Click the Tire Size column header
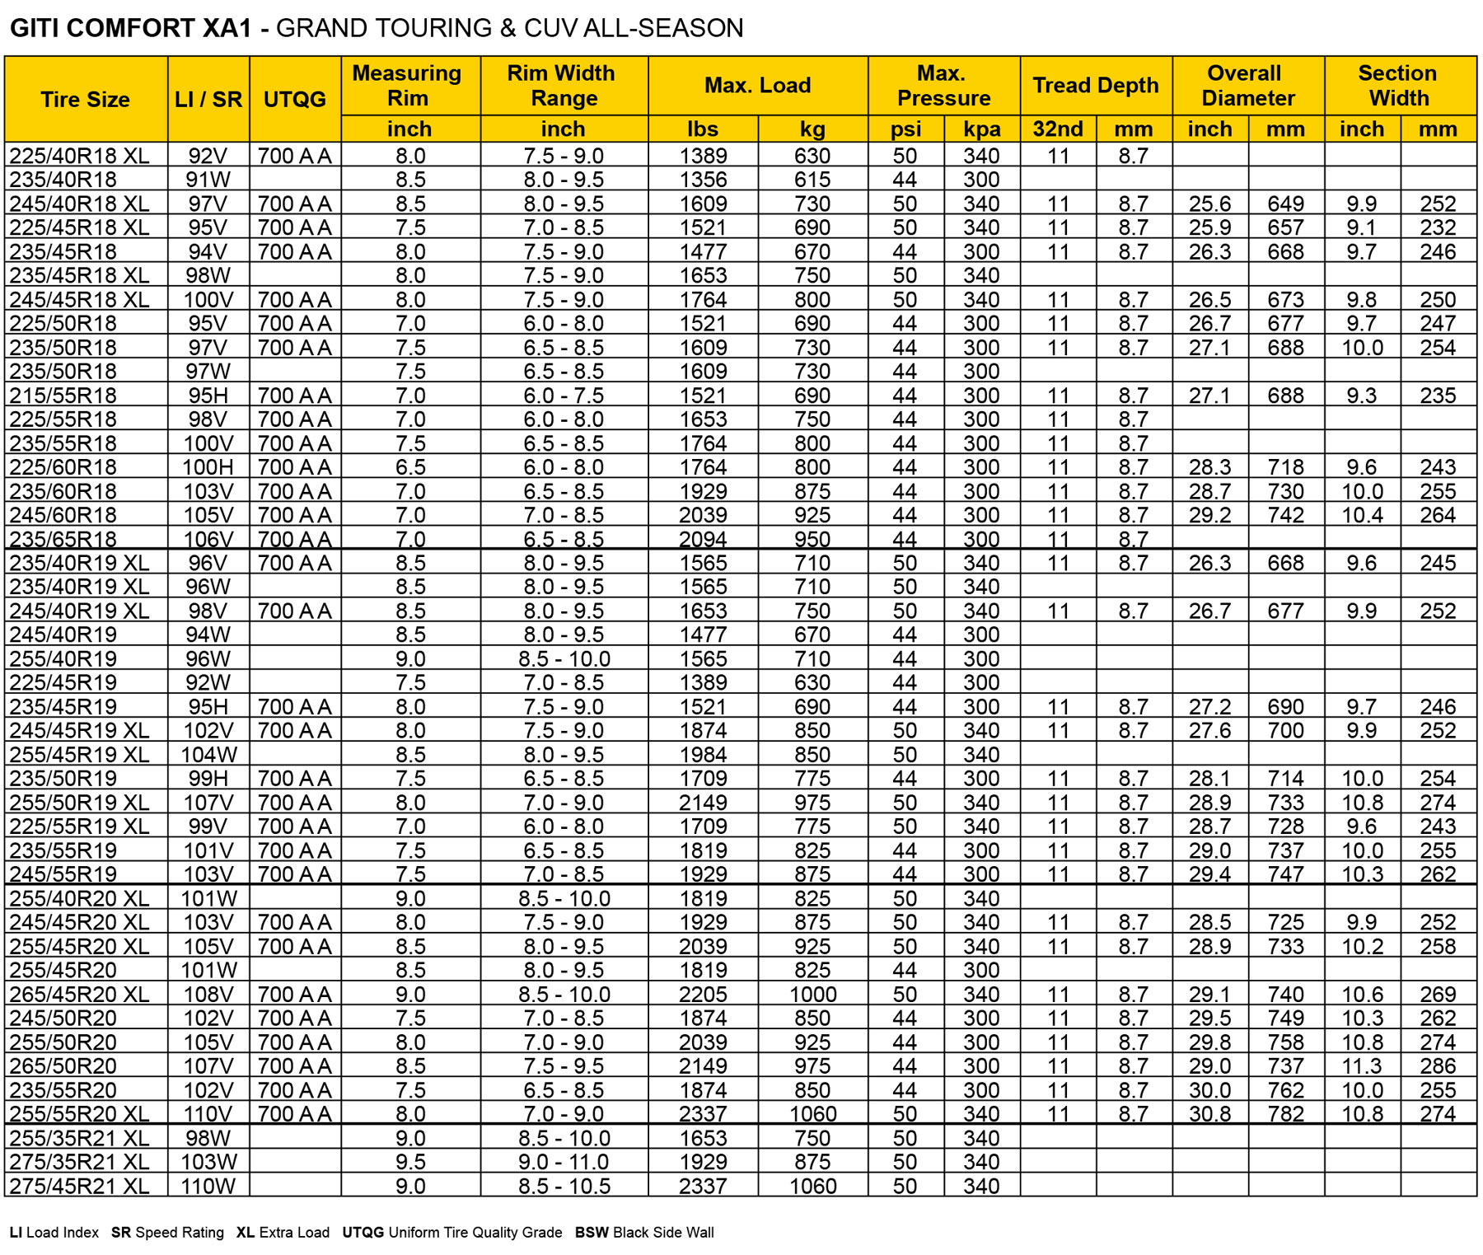tap(86, 100)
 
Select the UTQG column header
tap(295, 100)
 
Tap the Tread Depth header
tap(1096, 86)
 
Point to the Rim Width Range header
tap(564, 86)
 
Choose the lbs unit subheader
tap(703, 129)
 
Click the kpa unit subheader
tap(982, 129)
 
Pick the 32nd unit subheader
tap(1058, 129)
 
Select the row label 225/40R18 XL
tap(79, 156)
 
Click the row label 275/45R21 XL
tap(79, 1186)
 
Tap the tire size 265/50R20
tap(63, 1065)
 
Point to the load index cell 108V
tap(208, 994)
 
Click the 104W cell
tap(209, 754)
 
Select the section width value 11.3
tap(1362, 1065)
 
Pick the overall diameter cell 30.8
tap(1209, 1113)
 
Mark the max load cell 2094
tap(703, 539)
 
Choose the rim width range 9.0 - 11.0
tap(564, 1162)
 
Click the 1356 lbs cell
tap(703, 180)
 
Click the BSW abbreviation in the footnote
tap(592, 1233)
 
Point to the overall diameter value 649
tap(1285, 204)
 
